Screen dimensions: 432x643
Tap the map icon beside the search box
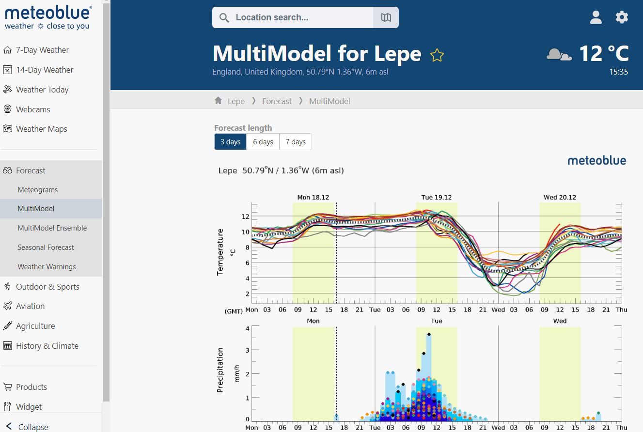tap(386, 17)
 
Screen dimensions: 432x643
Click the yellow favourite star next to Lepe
tap(437, 55)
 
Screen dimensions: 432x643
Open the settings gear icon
tap(622, 17)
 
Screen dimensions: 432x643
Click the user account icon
tap(596, 17)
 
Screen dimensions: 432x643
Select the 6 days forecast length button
tap(263, 142)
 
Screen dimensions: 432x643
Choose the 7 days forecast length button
tap(296, 142)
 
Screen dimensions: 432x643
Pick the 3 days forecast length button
tap(230, 142)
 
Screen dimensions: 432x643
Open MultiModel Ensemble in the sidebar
tap(52, 228)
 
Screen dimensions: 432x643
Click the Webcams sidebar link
tap(33, 109)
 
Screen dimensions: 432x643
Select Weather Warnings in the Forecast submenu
tap(47, 267)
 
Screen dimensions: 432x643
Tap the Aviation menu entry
tap(30, 306)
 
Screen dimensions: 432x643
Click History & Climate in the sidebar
tap(47, 346)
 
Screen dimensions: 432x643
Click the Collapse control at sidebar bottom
tap(33, 427)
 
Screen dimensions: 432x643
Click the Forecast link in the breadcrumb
tap(277, 101)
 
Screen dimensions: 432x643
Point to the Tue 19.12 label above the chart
tap(436, 198)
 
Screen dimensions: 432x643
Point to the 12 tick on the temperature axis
tap(246, 216)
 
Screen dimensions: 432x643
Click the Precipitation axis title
tap(220, 370)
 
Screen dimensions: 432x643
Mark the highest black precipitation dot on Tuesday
tap(429, 334)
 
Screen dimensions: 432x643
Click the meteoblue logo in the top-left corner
tap(47, 17)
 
